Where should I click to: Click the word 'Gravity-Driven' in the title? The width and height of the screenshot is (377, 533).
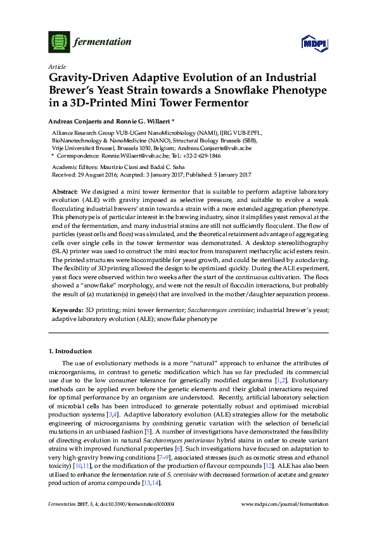87,77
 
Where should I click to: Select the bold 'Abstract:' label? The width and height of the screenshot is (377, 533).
64,191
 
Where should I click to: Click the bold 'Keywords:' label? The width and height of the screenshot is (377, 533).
67,311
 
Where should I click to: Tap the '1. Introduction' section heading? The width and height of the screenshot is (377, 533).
70,350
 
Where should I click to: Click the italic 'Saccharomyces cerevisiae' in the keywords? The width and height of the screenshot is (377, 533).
217,311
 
